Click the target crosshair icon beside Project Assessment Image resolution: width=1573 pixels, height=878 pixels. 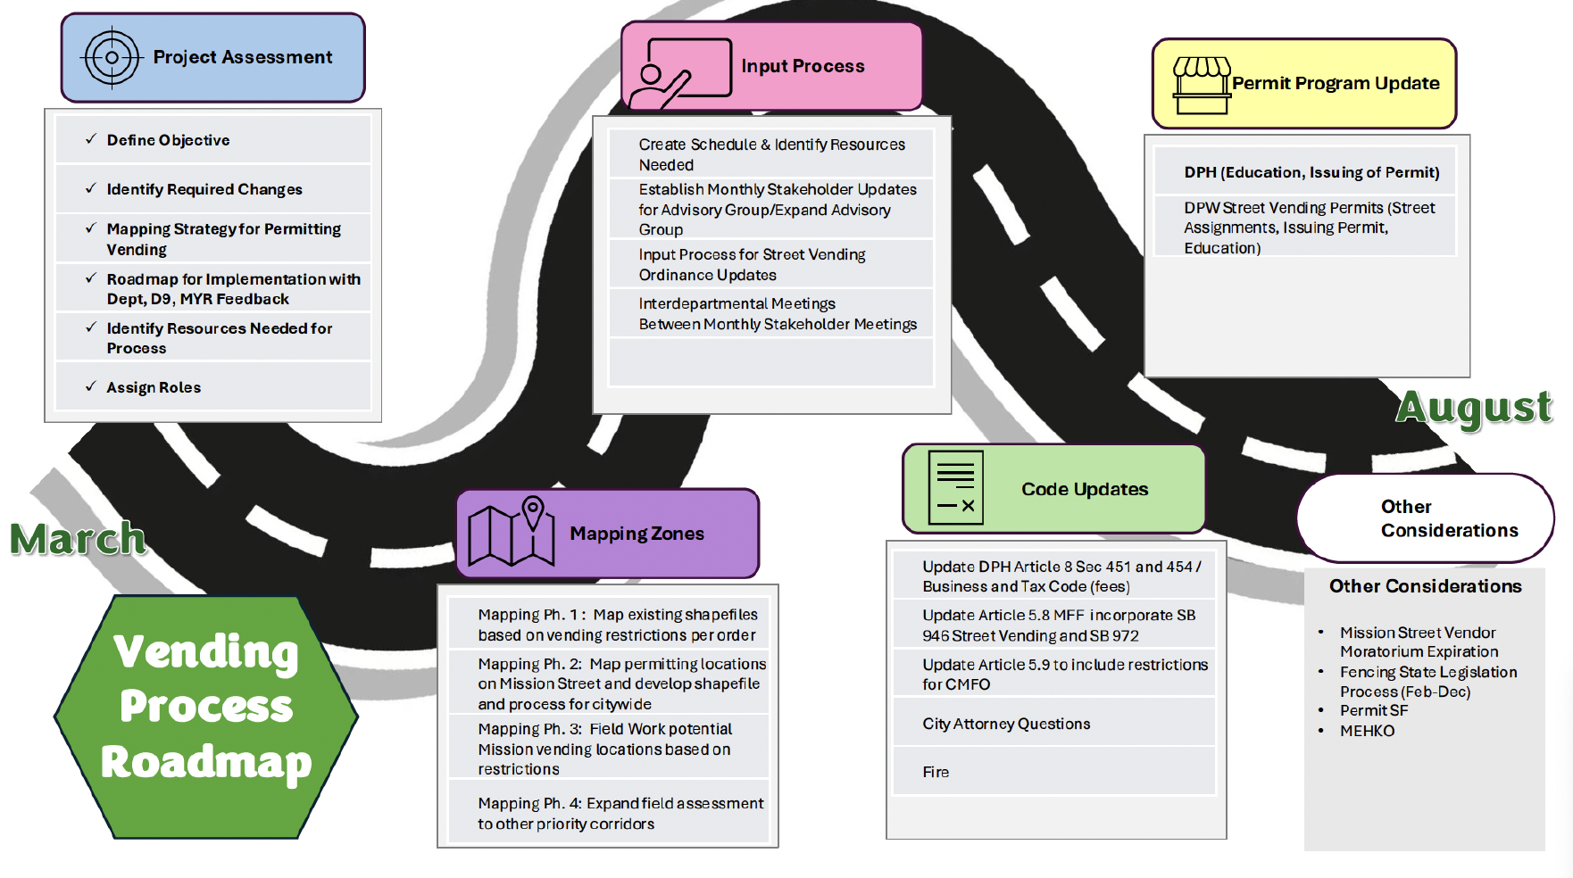112,58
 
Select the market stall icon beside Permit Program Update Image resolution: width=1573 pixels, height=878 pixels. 1202,86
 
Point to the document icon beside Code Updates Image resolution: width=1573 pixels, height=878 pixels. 955,487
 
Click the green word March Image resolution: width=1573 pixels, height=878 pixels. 78,539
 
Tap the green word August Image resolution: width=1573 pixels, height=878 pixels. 1474,408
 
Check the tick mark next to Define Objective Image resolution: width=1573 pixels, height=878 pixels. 91,139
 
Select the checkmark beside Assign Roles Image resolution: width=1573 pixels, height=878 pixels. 91,386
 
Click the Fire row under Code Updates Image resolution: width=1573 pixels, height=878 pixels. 1054,772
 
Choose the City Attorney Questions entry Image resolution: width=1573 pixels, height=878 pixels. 1006,724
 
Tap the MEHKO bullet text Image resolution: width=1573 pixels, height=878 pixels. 1367,731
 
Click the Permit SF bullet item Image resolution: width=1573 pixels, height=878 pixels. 1373,710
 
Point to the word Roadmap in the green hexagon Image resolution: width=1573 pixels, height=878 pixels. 206,763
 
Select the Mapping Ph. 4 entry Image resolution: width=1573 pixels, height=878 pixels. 620,814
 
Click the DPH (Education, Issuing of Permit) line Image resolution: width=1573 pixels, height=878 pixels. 1311,172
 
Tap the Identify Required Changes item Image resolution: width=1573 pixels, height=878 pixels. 204,189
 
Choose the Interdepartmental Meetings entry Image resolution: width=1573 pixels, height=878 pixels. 778,314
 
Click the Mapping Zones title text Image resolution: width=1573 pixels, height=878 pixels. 637,534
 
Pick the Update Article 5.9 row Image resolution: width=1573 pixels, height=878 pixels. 1065,675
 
